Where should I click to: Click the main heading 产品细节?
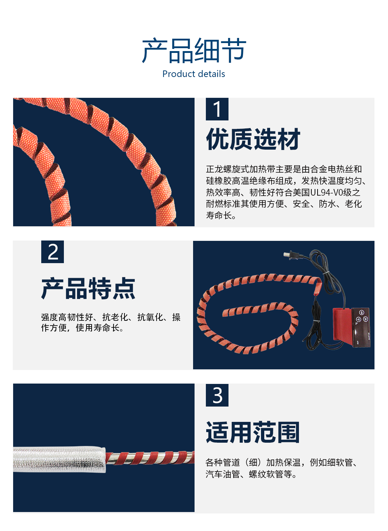click(194, 50)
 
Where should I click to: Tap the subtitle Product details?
click(194, 74)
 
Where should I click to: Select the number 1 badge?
click(217, 109)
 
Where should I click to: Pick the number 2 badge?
click(53, 252)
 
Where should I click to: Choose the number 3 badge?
click(217, 395)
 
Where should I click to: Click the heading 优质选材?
click(253, 139)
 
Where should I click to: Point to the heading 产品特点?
click(88, 288)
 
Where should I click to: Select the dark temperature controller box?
click(361, 327)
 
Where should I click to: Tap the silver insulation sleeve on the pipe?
click(59, 459)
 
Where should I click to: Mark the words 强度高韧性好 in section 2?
click(67, 317)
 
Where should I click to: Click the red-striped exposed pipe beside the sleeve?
click(150, 458)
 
